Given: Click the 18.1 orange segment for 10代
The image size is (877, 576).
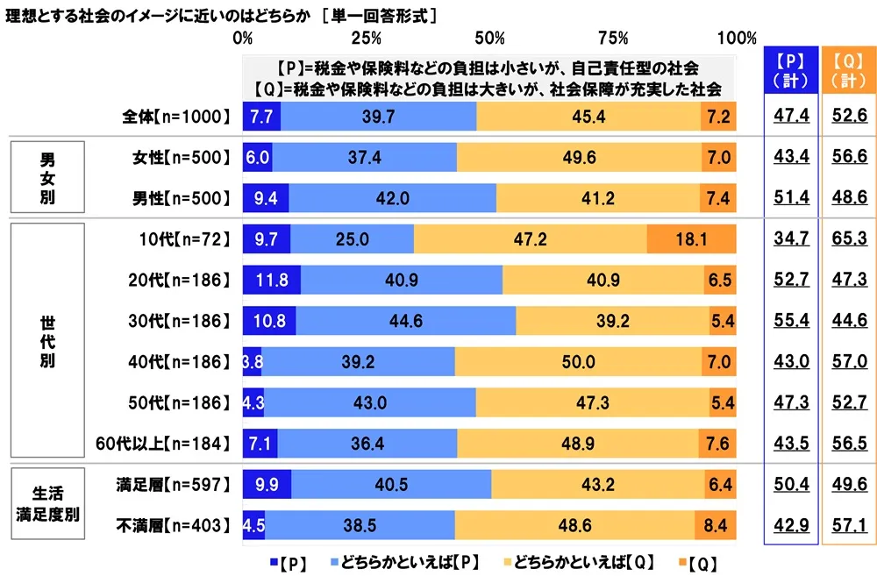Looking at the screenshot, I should pos(691,238).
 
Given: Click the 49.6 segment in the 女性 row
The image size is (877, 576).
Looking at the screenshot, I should pos(577,157).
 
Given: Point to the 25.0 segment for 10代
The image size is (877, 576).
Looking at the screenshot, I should pos(352,238).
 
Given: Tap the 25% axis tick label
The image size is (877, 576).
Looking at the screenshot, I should pos(366,38).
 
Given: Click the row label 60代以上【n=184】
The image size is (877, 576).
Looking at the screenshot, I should pos(162,444).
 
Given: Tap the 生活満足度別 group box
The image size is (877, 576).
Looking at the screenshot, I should pos(46,505).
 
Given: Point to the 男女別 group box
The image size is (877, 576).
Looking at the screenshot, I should pos(46,178).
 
